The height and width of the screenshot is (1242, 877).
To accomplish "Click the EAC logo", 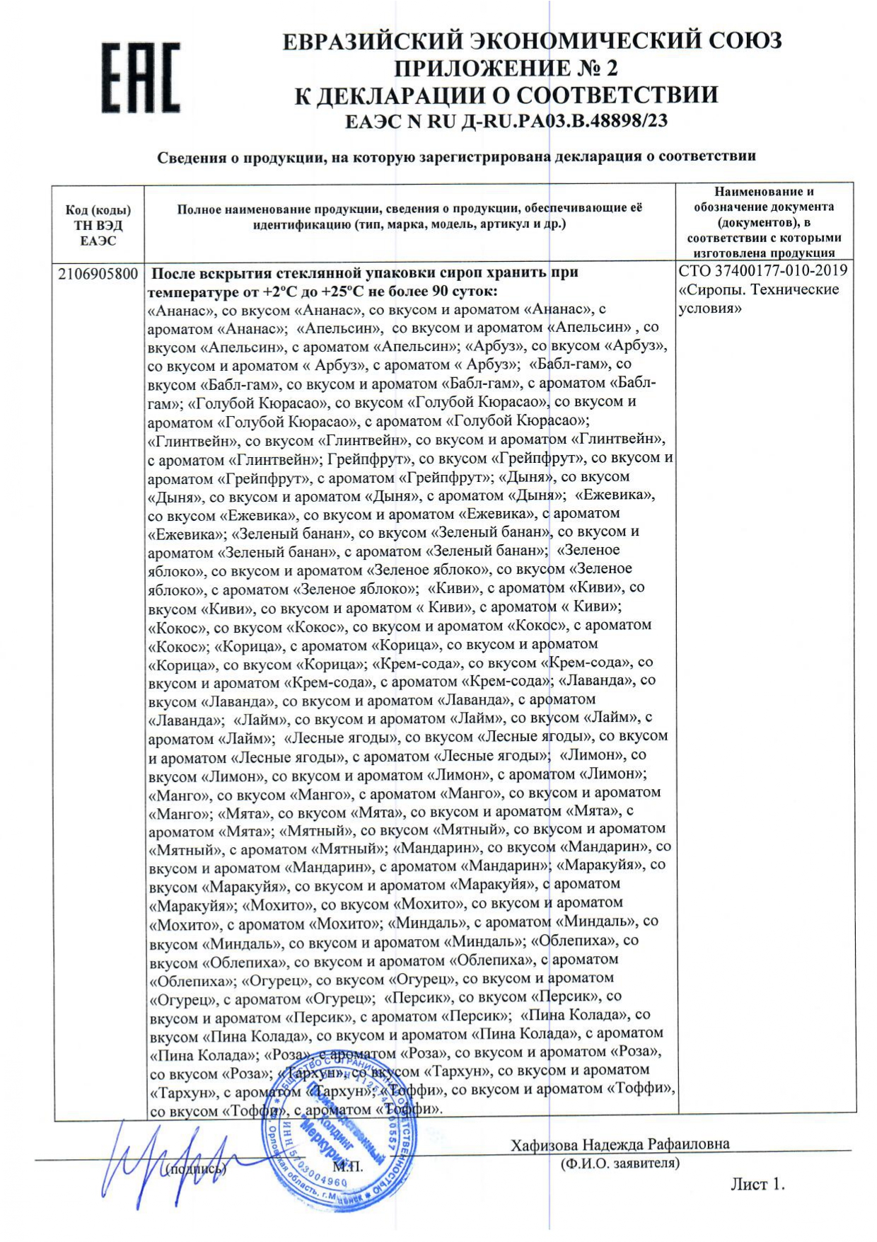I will pyautogui.click(x=139, y=78).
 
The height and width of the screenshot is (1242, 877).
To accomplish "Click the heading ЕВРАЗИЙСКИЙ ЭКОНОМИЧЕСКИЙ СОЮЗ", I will pyautogui.click(x=532, y=41).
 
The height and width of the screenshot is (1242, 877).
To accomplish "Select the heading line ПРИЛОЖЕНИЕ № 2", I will pyautogui.click(x=505, y=68).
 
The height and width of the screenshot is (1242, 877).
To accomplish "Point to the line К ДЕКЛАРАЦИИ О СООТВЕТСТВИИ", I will pyautogui.click(x=506, y=96).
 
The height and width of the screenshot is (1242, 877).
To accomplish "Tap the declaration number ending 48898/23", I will pyautogui.click(x=506, y=122).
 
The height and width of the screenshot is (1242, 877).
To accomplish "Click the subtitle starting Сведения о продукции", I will pyautogui.click(x=456, y=156).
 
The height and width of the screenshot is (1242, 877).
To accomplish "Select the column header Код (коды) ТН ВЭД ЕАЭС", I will pyautogui.click(x=98, y=226).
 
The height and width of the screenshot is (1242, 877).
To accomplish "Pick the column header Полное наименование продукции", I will pyautogui.click(x=410, y=217).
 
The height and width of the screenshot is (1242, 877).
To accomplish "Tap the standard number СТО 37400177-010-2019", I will pyautogui.click(x=762, y=271).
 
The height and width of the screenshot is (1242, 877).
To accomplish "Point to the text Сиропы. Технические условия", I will pyautogui.click(x=758, y=299).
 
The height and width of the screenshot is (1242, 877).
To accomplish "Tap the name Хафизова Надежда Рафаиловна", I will pyautogui.click(x=620, y=1144).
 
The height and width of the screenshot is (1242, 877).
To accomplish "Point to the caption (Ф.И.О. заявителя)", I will pyautogui.click(x=620, y=1163).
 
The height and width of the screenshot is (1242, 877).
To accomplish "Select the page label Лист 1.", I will pyautogui.click(x=757, y=1184).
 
